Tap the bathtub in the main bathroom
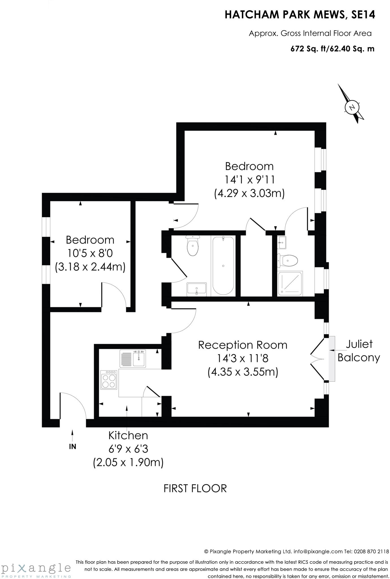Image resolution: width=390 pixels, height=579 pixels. point(223,266)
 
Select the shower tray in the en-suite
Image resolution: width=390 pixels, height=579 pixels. point(290,284)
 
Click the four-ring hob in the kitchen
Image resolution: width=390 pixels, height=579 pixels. point(109,380)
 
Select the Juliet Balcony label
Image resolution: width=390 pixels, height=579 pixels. point(359,351)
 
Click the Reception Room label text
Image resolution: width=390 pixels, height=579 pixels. point(243,345)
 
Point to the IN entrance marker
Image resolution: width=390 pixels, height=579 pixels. point(73,446)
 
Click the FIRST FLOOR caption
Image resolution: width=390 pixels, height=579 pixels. point(195,489)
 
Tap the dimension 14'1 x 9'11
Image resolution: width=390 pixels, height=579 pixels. point(250,180)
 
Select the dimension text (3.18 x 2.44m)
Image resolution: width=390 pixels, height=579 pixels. point(90,267)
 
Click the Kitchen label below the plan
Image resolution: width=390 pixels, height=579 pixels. point(128,435)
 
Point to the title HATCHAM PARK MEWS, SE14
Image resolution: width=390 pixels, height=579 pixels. point(300,15)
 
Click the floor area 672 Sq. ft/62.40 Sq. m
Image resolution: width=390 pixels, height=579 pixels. point(332,49)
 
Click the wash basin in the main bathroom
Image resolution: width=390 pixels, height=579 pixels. point(197,289)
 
